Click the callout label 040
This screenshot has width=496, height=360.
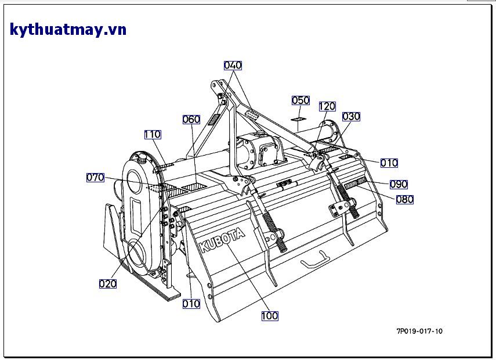click(233, 66)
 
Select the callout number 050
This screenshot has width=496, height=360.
click(301, 100)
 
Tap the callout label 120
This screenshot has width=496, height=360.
click(327, 106)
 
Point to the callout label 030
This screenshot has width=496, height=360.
click(351, 117)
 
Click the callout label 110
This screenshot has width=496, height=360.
click(153, 135)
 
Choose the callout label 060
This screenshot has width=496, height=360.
click(191, 120)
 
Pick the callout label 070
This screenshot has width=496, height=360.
click(95, 178)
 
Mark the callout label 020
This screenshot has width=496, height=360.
click(108, 284)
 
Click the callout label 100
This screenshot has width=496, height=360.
click(270, 316)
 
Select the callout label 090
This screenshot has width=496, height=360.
click(399, 185)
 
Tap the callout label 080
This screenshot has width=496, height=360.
click(404, 200)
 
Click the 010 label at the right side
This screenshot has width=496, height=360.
click(389, 163)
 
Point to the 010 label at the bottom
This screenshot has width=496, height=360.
click(191, 304)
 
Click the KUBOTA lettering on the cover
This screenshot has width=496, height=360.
click(223, 239)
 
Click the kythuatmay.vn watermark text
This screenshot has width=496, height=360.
click(68, 30)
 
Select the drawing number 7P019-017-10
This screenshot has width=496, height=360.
click(419, 332)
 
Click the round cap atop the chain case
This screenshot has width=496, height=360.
click(141, 156)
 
